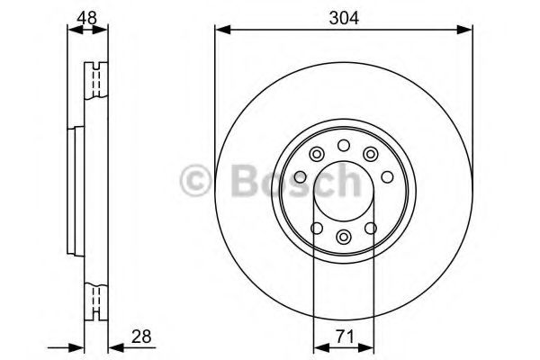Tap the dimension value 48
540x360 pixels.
pos(86,16)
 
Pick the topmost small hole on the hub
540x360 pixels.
pos(343,147)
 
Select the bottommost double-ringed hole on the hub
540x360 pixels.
pos(343,238)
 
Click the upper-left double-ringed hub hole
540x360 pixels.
pos(315,155)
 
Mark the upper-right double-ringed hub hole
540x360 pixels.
pos(371,155)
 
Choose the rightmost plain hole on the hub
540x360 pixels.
pos(383,175)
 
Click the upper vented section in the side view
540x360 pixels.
pos(93,81)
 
